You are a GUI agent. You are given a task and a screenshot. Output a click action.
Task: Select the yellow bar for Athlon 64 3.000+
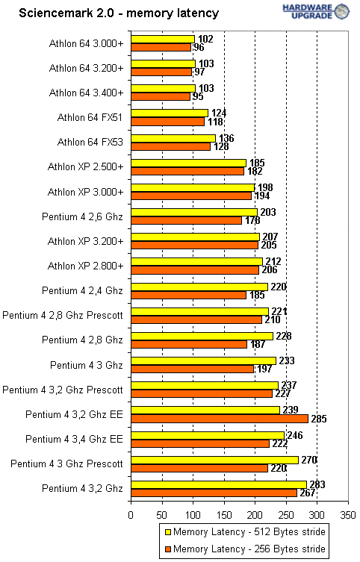point(162,39)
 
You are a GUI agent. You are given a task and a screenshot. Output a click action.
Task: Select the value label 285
point(318,419)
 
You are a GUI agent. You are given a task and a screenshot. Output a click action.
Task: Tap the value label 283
point(317,484)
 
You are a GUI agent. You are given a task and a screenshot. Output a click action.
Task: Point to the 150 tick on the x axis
point(224,515)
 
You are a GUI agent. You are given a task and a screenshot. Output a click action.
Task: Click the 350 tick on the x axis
point(348,515)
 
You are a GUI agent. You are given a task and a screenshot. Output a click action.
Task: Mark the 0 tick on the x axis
point(131,515)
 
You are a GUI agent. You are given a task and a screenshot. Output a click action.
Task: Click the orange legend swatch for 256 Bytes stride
point(167,549)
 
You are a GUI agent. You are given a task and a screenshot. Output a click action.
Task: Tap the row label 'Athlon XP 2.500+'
point(84,166)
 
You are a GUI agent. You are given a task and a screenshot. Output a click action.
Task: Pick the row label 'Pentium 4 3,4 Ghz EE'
point(75,439)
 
